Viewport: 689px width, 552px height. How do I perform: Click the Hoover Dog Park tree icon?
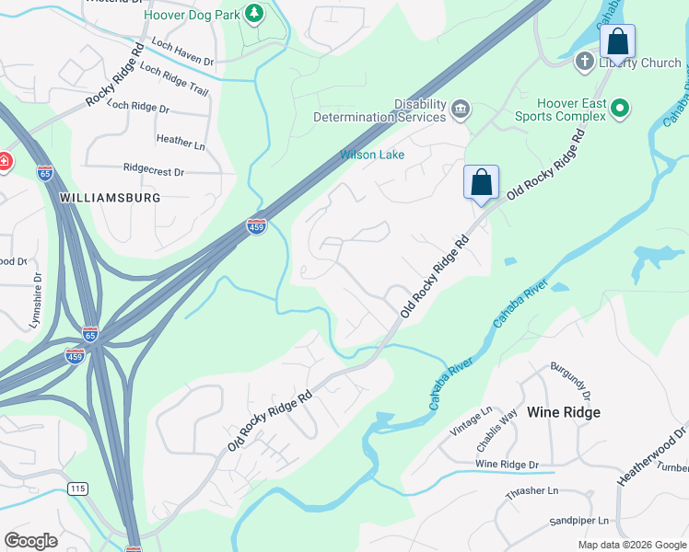pyautogui.click(x=255, y=14)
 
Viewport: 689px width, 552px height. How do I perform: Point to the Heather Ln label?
pyautogui.click(x=180, y=142)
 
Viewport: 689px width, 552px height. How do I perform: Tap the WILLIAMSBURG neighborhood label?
pyautogui.click(x=110, y=198)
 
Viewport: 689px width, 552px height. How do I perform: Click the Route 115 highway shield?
pyautogui.click(x=77, y=489)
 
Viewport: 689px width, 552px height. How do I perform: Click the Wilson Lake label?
pyautogui.click(x=372, y=155)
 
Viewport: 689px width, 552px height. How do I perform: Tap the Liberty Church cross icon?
pyautogui.click(x=584, y=63)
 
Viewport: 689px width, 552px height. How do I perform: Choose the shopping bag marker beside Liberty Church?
pyautogui.click(x=617, y=42)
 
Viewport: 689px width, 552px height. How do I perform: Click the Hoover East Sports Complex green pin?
pyautogui.click(x=621, y=109)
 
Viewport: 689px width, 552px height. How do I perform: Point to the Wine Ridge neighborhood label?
pyautogui.click(x=564, y=412)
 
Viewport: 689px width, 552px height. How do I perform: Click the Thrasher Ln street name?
pyautogui.click(x=532, y=493)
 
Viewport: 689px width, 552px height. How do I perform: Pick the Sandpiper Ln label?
pyautogui.click(x=579, y=521)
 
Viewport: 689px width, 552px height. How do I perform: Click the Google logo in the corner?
pyautogui.click(x=31, y=540)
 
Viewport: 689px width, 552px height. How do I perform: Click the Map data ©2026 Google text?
pyautogui.click(x=630, y=545)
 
